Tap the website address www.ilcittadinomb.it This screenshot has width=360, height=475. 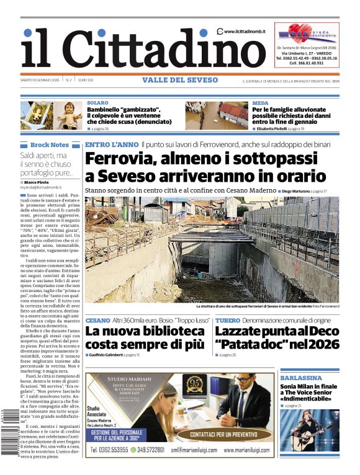tap(246, 32)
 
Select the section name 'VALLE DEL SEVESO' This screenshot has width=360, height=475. tap(180, 80)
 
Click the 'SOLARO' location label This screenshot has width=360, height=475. tap(97, 103)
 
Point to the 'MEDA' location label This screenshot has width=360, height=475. tap(260, 103)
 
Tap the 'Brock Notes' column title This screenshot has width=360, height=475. tap(50, 144)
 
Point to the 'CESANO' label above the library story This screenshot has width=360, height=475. tap(98, 320)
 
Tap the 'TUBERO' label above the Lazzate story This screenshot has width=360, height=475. tap(228, 320)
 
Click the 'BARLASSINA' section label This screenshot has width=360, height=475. tap(300, 377)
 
